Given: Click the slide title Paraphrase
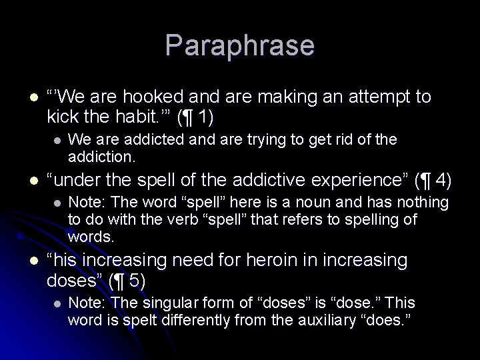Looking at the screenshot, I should (x=239, y=45).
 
